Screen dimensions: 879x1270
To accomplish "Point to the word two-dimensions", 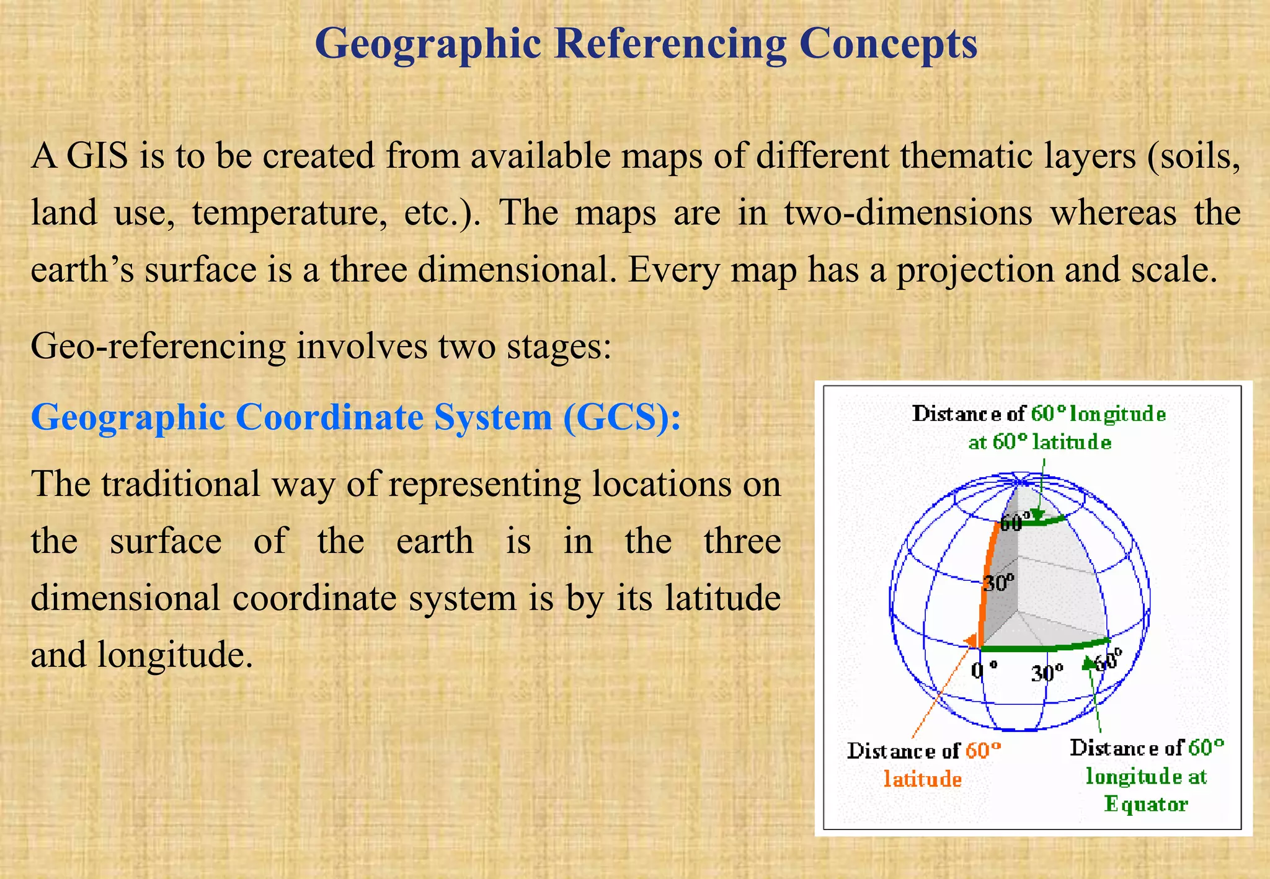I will tap(908, 212).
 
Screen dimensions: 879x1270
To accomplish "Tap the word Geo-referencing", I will tap(158, 346).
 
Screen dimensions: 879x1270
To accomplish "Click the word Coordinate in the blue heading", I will tap(329, 417).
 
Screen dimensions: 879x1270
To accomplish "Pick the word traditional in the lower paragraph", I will tap(180, 484).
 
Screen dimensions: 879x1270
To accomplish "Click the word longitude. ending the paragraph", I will tap(175, 655).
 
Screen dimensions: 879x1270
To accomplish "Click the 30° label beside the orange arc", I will tap(999, 582).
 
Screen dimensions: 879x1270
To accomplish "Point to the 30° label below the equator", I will tap(1047, 672).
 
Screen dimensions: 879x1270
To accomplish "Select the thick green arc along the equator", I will tap(1048, 646).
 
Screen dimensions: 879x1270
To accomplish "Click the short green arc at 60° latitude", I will tap(1044, 521).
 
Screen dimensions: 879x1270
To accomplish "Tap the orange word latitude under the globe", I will tap(923, 779).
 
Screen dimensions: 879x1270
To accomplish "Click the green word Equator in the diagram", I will tap(1146, 804).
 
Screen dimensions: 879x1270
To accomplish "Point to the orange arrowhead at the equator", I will tap(972, 641).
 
